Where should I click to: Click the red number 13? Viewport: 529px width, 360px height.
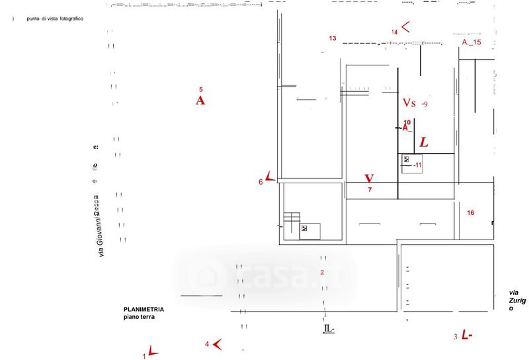tap(333, 38)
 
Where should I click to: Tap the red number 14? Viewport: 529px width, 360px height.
tap(394, 32)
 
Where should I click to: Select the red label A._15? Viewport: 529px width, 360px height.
tap(471, 42)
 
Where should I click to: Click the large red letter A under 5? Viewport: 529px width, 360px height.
tap(200, 101)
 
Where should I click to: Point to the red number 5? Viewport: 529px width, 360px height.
tap(201, 89)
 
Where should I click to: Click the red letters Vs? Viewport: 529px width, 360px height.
tap(409, 103)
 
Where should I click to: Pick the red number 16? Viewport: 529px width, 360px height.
tap(471, 213)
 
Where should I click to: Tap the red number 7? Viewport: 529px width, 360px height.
tap(370, 191)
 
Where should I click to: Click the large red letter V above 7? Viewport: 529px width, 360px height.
tap(369, 179)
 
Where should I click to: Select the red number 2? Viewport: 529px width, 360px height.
tap(322, 272)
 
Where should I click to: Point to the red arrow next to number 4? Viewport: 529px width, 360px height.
tap(217, 343)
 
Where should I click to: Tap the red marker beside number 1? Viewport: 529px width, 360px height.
tap(153, 351)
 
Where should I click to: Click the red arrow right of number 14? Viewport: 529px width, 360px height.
tap(405, 27)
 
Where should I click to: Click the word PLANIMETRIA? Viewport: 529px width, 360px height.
tap(143, 310)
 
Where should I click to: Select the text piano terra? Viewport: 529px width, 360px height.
tap(138, 318)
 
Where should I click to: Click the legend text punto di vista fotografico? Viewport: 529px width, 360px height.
tap(55, 18)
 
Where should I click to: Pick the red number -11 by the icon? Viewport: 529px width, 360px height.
tap(417, 165)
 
